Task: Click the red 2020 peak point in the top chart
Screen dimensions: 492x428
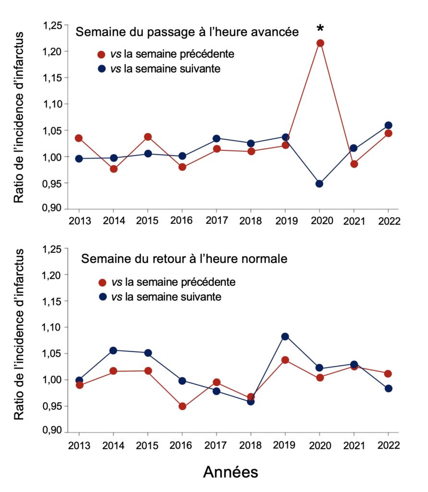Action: pos(320,43)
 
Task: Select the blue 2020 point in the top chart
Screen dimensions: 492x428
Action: pos(320,184)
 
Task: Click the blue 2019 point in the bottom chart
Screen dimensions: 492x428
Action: pos(285,336)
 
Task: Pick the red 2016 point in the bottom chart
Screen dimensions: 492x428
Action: pos(182,406)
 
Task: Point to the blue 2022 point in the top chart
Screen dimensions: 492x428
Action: pos(388,125)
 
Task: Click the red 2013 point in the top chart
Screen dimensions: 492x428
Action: pos(79,138)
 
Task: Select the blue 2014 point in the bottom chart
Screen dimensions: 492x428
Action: pos(113,350)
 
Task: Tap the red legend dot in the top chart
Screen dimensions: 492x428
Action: pos(101,54)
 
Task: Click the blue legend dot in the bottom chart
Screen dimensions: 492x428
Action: pos(101,297)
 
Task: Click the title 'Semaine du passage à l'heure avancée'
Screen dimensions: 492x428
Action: pos(188,32)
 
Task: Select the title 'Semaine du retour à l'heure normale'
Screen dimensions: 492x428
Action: pos(184,259)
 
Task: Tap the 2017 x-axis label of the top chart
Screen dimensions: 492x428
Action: pos(216,221)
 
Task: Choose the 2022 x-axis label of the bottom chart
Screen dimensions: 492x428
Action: pos(388,445)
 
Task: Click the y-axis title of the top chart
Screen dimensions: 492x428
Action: pos(18,118)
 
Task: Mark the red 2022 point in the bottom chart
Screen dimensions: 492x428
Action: pos(388,374)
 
